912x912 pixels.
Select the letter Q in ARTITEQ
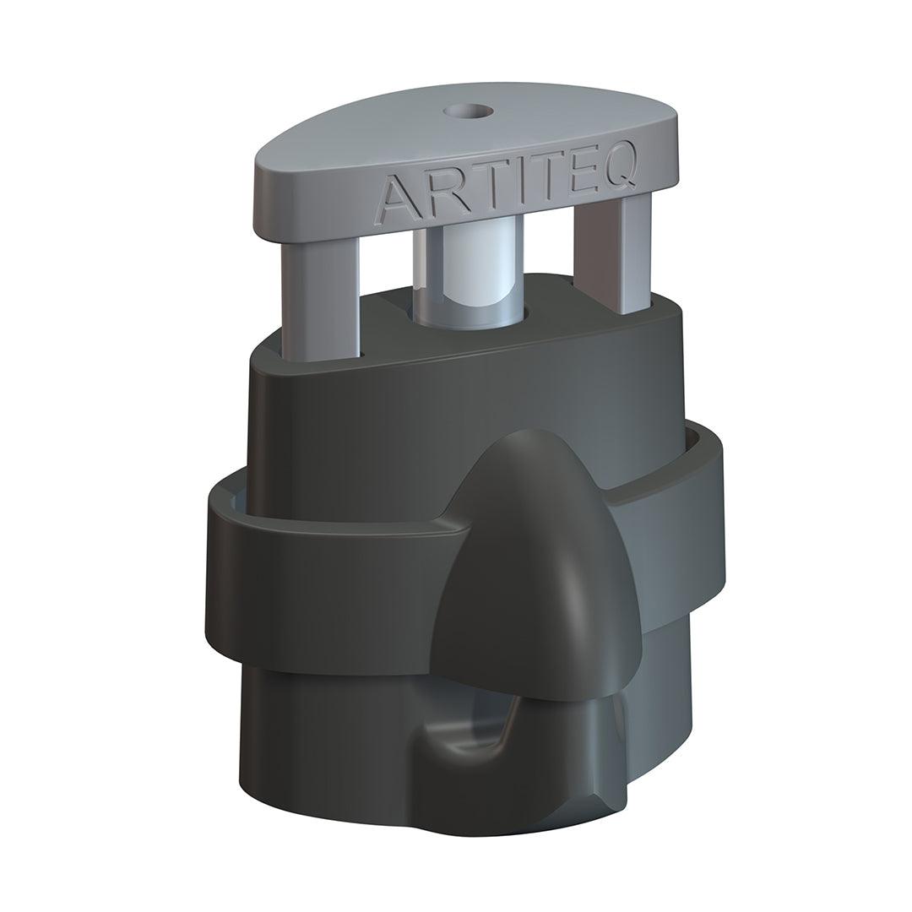pyautogui.click(x=641, y=172)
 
